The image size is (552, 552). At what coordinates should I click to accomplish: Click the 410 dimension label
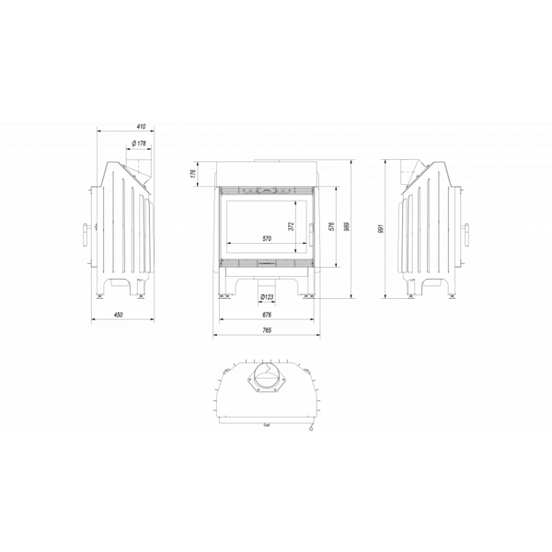[x=141, y=126]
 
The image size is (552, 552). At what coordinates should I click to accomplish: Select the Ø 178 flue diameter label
[x=139, y=144]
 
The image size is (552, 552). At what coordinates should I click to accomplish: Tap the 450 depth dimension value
[x=119, y=315]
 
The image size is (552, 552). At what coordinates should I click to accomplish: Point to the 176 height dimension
[x=193, y=174]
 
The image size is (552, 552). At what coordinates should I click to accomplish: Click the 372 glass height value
[x=291, y=226]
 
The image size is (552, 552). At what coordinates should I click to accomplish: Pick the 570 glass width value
[x=267, y=238]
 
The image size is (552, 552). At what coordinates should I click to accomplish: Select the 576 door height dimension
[x=330, y=226]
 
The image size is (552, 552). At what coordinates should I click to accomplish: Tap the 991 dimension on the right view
[x=380, y=229]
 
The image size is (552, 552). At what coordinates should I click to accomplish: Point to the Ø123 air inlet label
[x=267, y=297]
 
